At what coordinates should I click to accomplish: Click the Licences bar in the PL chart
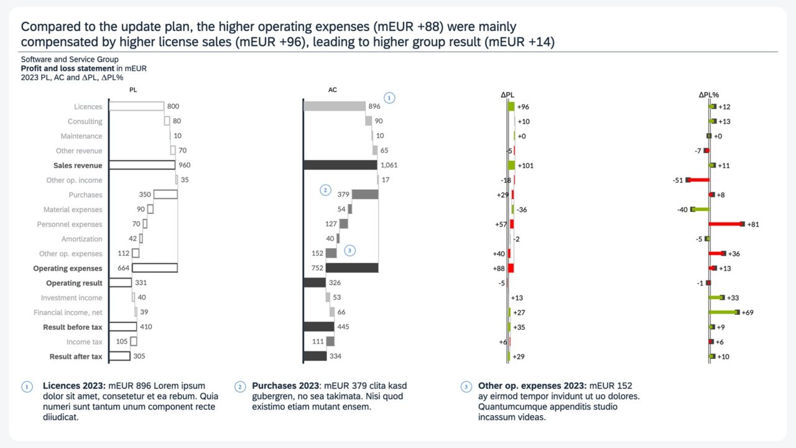[x=136, y=106]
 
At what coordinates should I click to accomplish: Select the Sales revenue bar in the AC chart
[x=340, y=165]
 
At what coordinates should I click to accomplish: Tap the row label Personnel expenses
[x=70, y=224]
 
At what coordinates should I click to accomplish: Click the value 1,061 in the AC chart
[x=389, y=166]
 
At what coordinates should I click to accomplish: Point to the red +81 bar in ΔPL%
[x=726, y=224]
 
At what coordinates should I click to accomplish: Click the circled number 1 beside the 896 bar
[x=389, y=98]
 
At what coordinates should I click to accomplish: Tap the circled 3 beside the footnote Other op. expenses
[x=466, y=386]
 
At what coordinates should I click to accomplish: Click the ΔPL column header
[x=507, y=95]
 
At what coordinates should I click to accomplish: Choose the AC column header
[x=333, y=90]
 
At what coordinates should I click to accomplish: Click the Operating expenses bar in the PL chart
[x=154, y=268]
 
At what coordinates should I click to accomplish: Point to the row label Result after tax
[x=76, y=357]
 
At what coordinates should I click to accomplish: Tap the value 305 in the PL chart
[x=139, y=357]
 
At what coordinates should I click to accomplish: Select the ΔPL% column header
[x=709, y=95]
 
